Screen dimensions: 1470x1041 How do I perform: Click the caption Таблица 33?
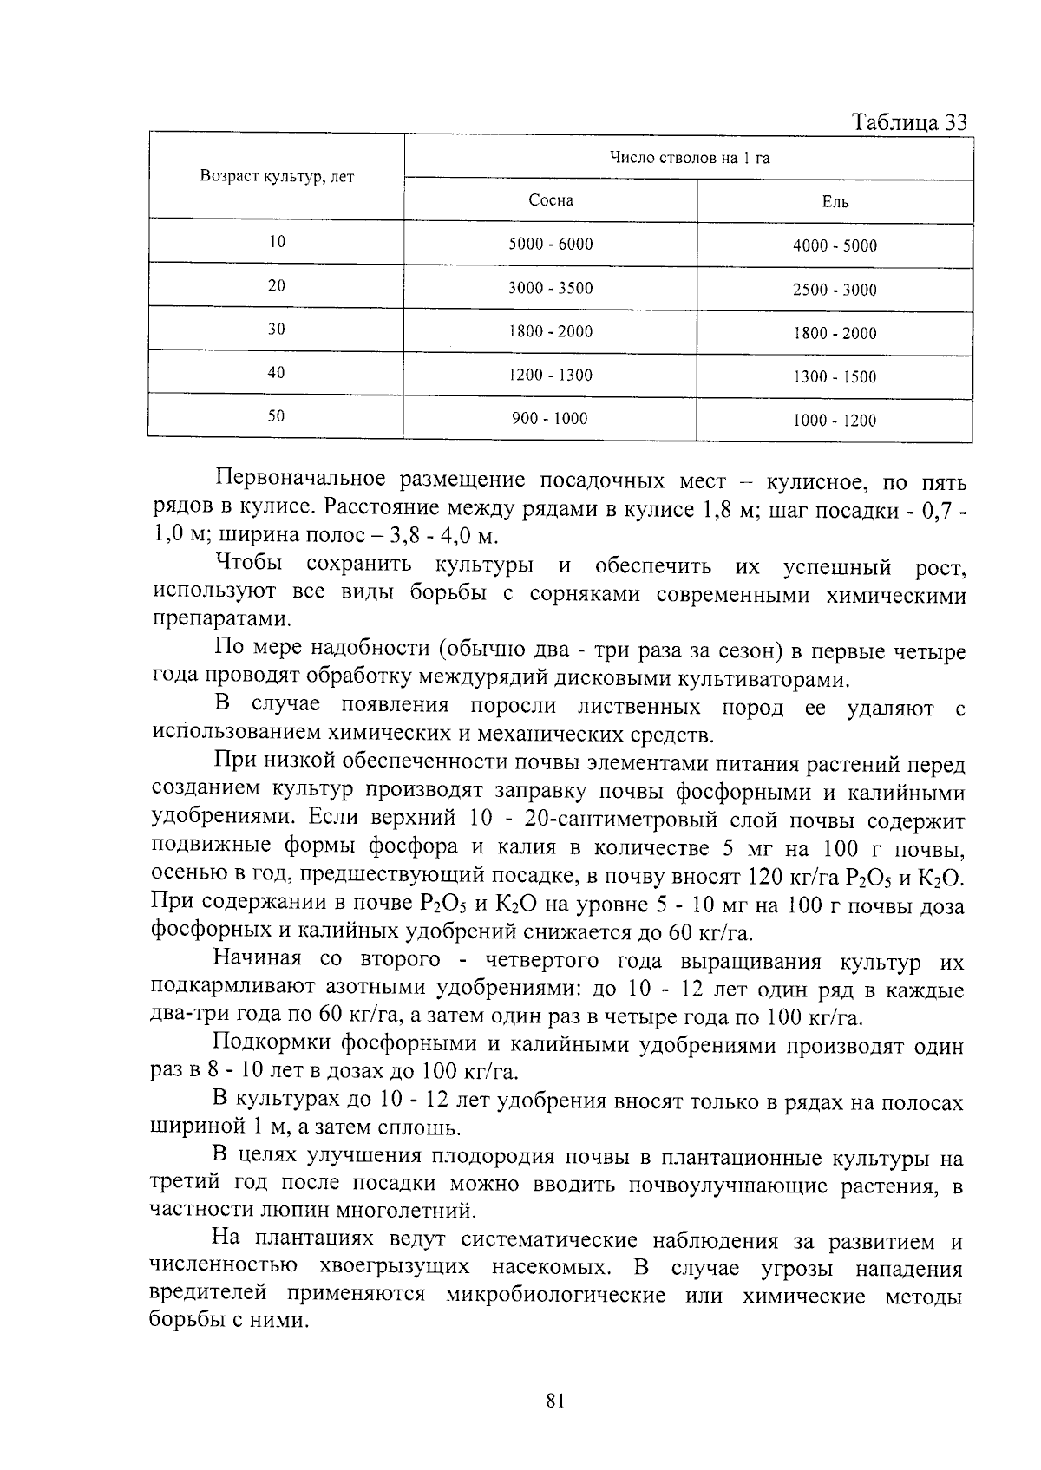click(909, 121)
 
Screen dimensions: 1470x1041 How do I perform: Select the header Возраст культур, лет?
click(277, 176)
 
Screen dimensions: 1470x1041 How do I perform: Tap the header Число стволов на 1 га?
click(689, 157)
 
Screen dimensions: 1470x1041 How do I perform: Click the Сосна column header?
click(551, 200)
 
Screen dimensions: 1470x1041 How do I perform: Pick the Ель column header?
click(835, 203)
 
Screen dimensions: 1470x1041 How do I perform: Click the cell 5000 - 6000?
click(551, 245)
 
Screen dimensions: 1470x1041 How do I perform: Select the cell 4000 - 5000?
click(835, 246)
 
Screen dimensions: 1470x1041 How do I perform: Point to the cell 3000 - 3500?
click(551, 288)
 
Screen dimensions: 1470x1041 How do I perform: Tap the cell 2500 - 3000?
click(835, 291)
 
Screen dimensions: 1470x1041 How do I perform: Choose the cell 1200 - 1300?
click(551, 376)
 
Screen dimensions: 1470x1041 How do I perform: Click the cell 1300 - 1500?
click(835, 377)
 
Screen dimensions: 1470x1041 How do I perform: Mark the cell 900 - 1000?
click(550, 419)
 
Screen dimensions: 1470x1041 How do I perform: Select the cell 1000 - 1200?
click(835, 421)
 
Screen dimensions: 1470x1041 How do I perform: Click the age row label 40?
click(276, 373)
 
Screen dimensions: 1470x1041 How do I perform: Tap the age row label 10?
click(276, 243)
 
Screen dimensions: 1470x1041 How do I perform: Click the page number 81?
click(556, 1400)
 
